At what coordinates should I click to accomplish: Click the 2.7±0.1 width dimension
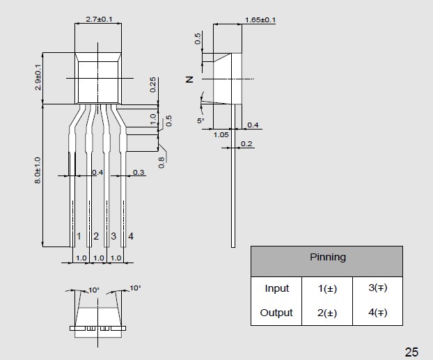tap(99, 19)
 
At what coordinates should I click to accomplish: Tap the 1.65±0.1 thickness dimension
tap(260, 20)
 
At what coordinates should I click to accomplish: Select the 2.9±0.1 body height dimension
tap(38, 77)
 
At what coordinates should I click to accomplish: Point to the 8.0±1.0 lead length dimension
tap(38, 170)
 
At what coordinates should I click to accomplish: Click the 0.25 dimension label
tap(152, 84)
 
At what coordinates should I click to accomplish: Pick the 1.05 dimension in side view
tap(221, 135)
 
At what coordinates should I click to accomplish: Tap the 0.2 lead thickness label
tap(246, 143)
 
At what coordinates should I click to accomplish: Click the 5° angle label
tap(200, 120)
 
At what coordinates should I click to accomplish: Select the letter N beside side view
tap(189, 79)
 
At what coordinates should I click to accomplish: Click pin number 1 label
tap(79, 236)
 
